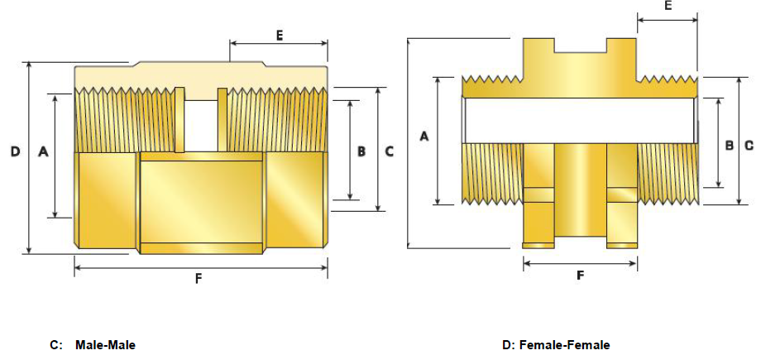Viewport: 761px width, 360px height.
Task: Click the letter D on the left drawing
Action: click(15, 152)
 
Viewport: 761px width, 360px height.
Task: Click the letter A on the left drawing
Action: click(43, 152)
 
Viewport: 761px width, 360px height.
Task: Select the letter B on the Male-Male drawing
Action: click(361, 152)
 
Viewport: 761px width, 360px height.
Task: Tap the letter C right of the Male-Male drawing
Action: click(390, 152)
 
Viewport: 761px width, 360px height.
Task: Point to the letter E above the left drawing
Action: click(280, 35)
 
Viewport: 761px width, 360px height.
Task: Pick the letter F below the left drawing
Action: click(199, 279)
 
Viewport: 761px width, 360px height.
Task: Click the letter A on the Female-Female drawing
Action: click(424, 136)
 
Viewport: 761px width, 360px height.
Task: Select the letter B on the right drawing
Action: click(730, 145)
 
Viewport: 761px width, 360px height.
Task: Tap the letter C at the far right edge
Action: click(749, 145)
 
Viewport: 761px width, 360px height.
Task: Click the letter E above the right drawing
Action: click(668, 6)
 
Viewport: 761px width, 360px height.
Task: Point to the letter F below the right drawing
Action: click(580, 276)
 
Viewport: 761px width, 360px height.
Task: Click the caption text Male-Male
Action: click(105, 344)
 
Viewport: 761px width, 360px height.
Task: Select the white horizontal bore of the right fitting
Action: click(579, 121)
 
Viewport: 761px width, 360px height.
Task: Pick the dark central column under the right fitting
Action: click(580, 189)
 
